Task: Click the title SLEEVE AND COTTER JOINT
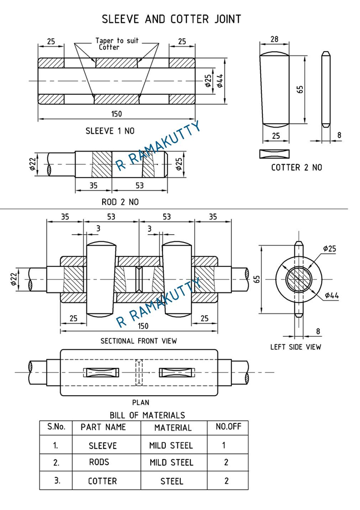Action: tap(171, 19)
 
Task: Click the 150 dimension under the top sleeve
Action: tap(116, 114)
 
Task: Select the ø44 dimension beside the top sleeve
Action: tap(220, 82)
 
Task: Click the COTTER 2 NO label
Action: tap(296, 167)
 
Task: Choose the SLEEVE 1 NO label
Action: tap(109, 132)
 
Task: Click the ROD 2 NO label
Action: tap(120, 202)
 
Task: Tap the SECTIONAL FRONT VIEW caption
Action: tap(139, 341)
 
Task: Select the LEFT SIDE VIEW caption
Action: tap(296, 347)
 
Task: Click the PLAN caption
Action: tap(140, 402)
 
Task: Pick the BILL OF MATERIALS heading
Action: tap(147, 415)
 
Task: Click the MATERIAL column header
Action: tap(173, 428)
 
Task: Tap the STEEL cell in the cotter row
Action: tap(171, 481)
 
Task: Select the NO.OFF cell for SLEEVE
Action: tap(223, 445)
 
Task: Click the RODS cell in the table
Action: tap(99, 462)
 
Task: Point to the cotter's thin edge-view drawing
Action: tap(326, 89)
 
